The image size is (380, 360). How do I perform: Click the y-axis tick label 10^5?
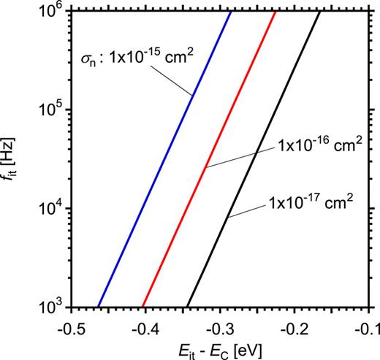(49, 110)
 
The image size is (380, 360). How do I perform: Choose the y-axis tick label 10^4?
(49, 209)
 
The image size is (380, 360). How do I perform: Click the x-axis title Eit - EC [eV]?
(218, 346)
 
